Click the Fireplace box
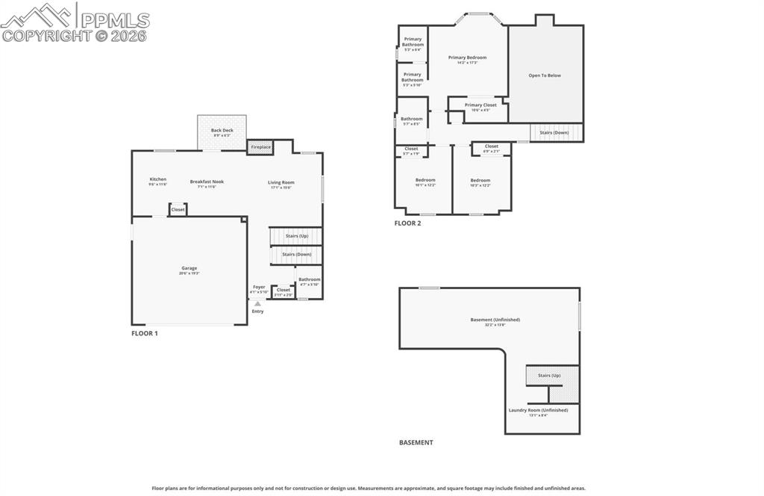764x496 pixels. tap(260, 147)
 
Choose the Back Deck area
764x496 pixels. tap(222, 132)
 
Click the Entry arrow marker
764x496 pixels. tap(257, 304)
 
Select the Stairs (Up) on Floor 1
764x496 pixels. tap(296, 236)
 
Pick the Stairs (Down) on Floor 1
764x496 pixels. tap(296, 254)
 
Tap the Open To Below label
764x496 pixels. tap(545, 75)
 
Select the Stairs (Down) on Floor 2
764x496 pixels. tap(554, 132)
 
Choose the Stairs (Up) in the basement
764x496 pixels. tap(549, 375)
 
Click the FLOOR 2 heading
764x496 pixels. tap(407, 223)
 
